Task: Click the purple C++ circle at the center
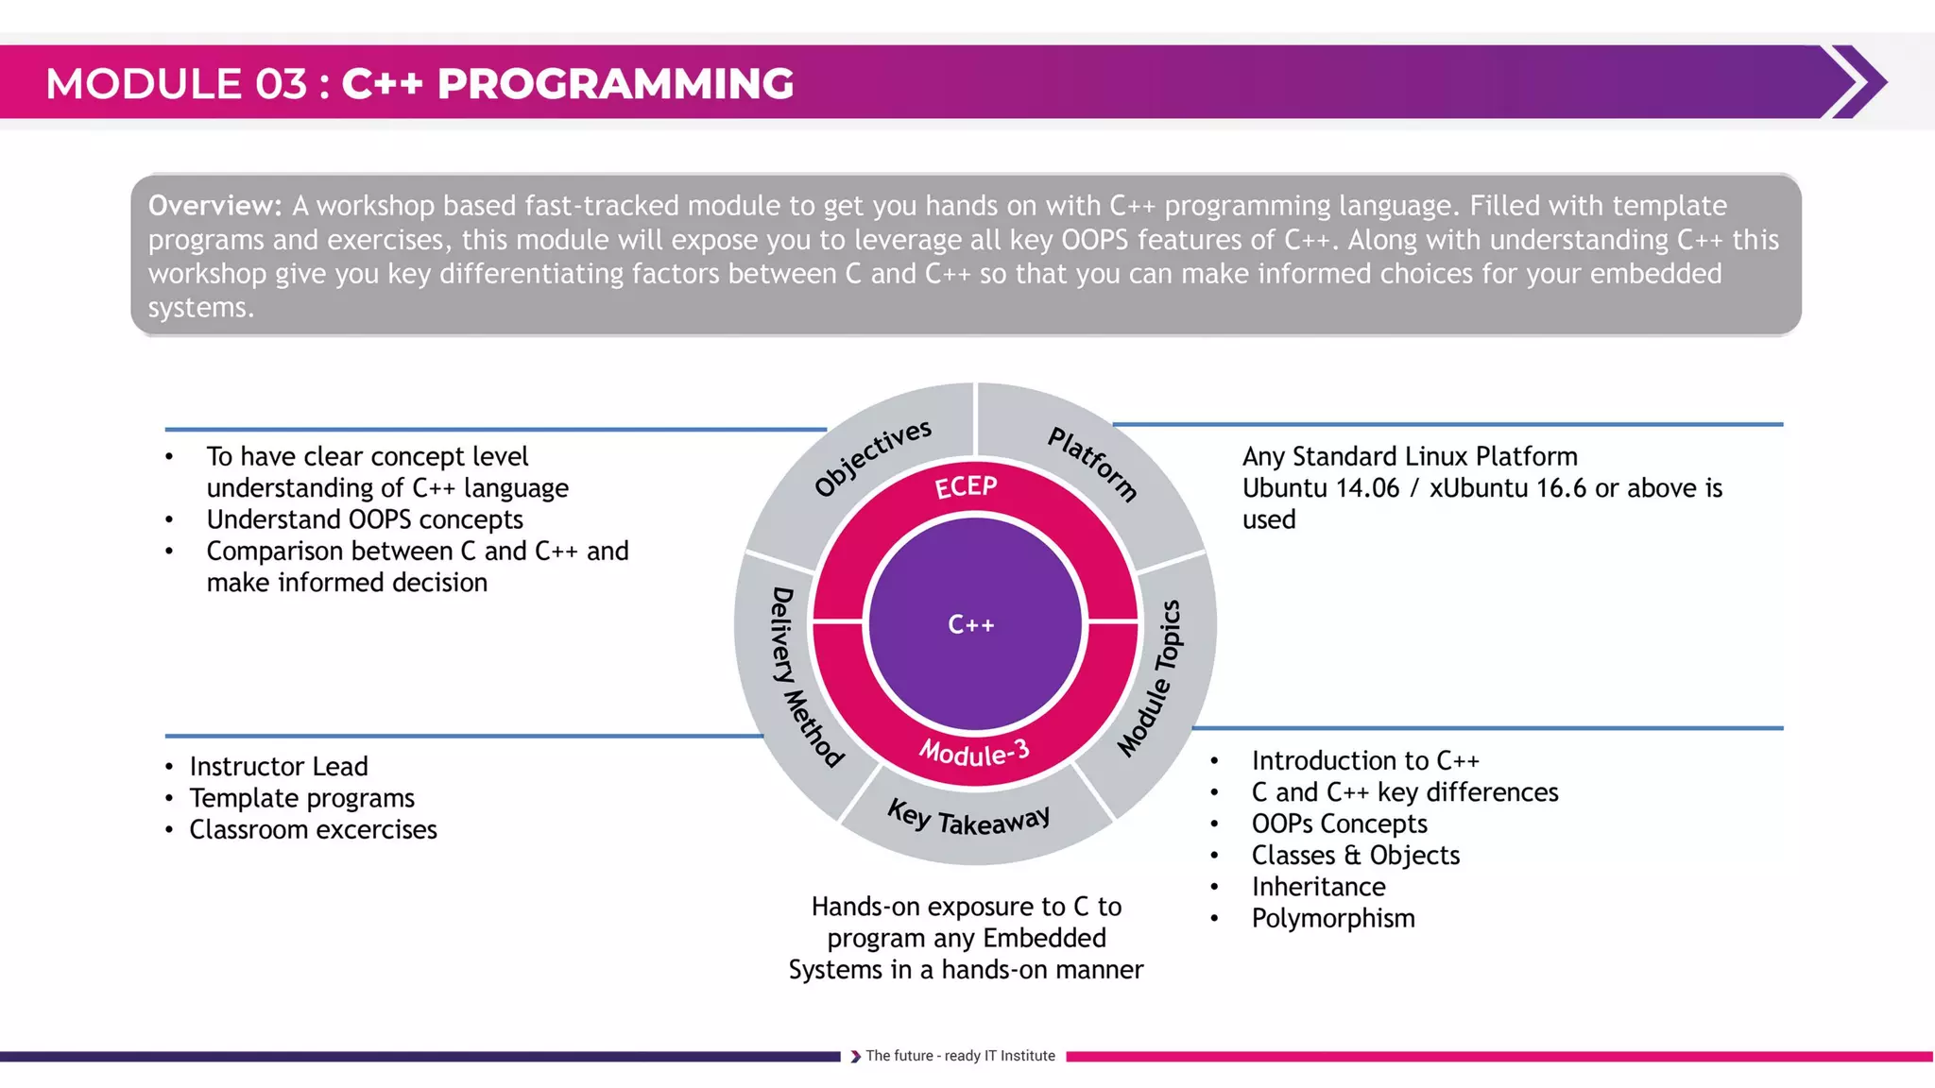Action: point(974,624)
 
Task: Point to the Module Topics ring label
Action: point(1151,678)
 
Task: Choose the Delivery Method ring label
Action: point(803,676)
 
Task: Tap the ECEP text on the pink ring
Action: point(966,487)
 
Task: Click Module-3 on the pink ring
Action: point(974,753)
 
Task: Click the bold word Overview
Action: point(214,206)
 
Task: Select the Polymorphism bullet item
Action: point(1332,918)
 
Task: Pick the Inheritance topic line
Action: point(1318,887)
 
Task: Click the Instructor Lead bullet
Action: point(278,766)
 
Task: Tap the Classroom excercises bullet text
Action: point(313,829)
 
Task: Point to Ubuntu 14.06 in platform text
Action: point(1320,488)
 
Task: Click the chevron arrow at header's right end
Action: point(1857,82)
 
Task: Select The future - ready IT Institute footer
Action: point(959,1056)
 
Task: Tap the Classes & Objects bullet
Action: point(1355,856)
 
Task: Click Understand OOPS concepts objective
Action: point(365,519)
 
